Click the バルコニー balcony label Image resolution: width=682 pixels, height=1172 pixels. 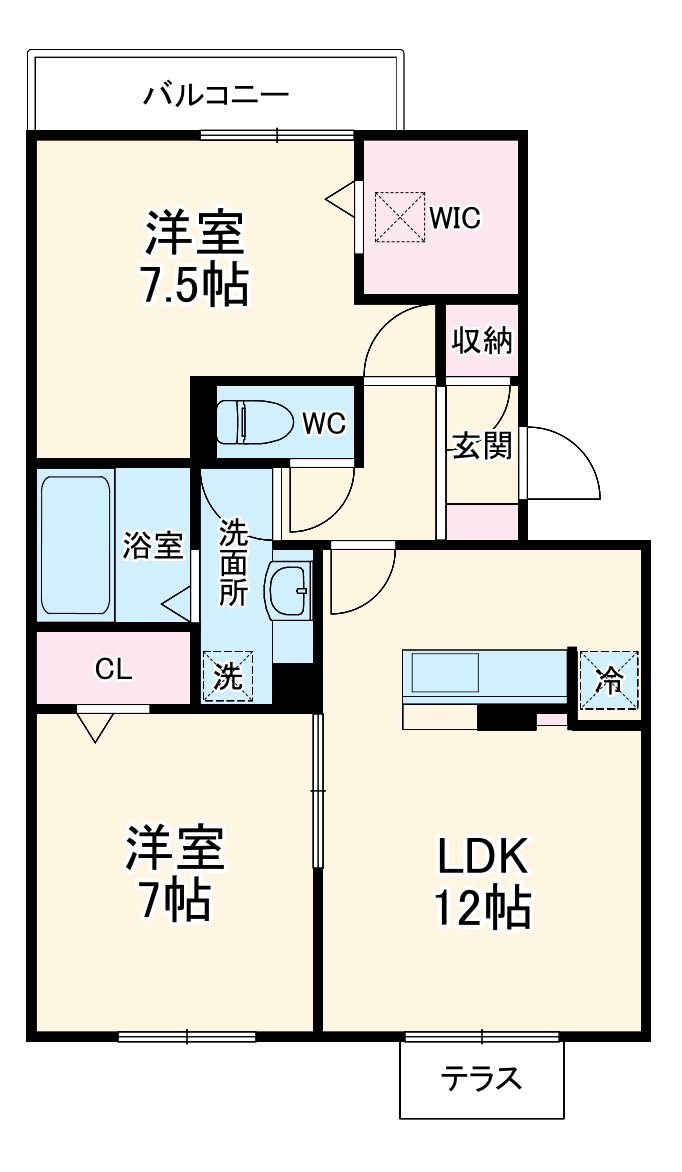tap(216, 96)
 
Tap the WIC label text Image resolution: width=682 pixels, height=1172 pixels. tap(456, 217)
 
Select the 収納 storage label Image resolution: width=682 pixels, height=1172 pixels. tap(482, 341)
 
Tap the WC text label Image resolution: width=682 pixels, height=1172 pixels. tap(323, 423)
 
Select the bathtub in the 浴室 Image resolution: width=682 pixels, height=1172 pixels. tap(76, 546)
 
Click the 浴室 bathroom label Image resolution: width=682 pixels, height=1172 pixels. tap(153, 546)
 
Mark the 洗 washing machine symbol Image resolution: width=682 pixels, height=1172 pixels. tap(228, 677)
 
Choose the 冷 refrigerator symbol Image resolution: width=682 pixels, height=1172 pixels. tap(608, 679)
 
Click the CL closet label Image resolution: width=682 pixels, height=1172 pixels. tap(113, 669)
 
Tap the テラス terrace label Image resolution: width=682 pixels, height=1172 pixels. tap(481, 1080)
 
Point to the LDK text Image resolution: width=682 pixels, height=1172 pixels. tap(481, 856)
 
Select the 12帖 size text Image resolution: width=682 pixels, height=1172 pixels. tap(481, 907)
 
